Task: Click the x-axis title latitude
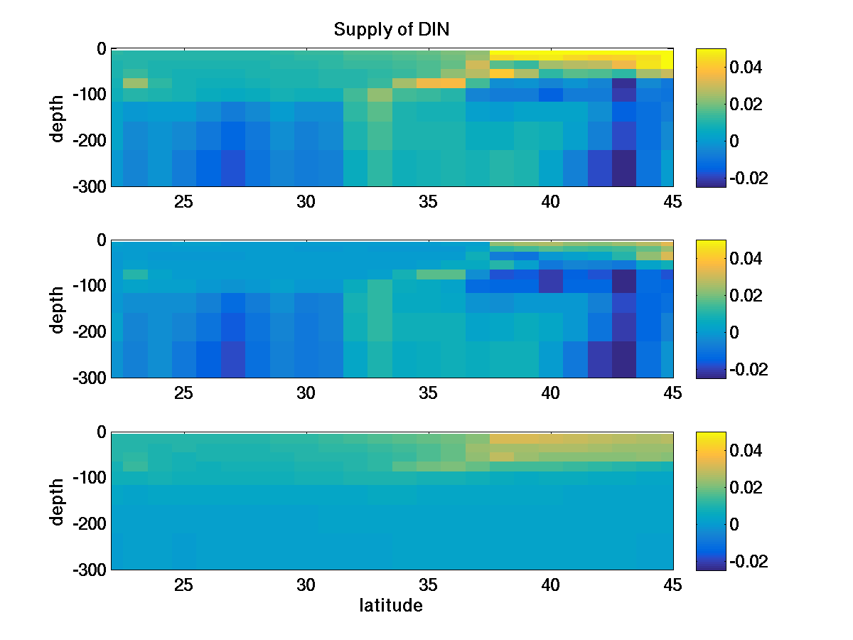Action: pos(390,606)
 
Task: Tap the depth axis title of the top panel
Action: pos(58,117)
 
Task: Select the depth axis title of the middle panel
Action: pos(58,309)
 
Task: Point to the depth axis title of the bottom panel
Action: pos(58,501)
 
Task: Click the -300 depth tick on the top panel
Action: pos(89,186)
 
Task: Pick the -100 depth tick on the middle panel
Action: pos(89,286)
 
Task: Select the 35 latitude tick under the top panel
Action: pos(428,202)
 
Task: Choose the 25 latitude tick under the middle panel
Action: pos(184,393)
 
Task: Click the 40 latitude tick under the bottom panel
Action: pos(550,585)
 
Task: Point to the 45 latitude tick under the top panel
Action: pos(672,202)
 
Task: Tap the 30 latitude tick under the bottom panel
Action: pos(306,585)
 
